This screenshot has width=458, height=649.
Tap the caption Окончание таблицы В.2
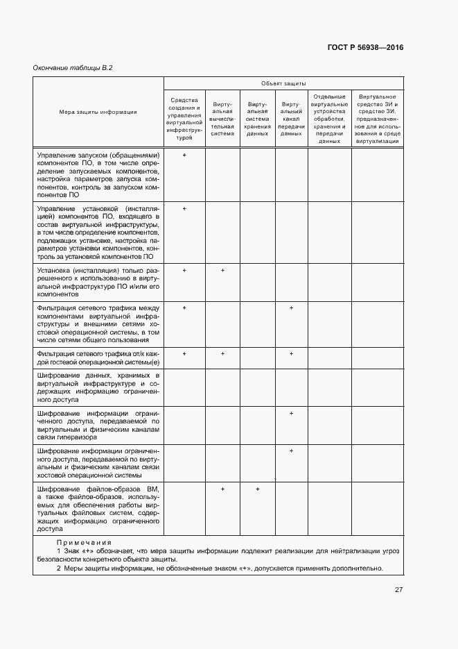click(73, 67)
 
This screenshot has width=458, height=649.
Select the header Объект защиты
click(283, 83)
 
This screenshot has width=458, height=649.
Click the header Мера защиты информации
click(98, 111)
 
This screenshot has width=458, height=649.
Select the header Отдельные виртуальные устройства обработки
click(329, 119)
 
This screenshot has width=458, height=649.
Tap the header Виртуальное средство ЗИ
click(377, 119)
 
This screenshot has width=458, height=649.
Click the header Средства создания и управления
click(184, 119)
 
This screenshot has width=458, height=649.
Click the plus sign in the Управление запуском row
click(184, 155)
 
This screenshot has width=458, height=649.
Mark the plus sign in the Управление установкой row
click(184, 208)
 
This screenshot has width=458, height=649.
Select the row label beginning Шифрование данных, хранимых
click(98, 387)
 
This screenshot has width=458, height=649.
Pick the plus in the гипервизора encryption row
click(291, 413)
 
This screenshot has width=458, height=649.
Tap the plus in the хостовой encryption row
click(291, 450)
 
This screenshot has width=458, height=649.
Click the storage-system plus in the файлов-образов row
click(257, 489)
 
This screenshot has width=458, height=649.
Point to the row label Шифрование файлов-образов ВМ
click(98, 509)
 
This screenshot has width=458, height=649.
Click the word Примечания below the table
click(84, 542)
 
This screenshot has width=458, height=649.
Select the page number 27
click(398, 590)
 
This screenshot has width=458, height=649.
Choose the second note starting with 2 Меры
click(220, 568)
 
